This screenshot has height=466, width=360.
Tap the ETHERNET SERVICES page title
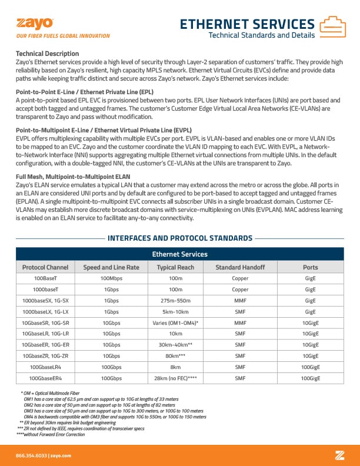(x=246, y=24)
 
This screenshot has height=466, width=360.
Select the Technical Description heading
(x=47, y=54)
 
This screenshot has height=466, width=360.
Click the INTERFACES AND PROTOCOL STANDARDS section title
(x=180, y=238)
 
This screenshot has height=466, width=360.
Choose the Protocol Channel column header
(x=45, y=267)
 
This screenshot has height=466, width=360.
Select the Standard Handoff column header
(x=240, y=267)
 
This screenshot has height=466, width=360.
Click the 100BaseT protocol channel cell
(x=45, y=278)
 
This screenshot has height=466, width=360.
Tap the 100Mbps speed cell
(x=112, y=278)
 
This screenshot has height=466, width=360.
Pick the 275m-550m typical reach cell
(x=175, y=300)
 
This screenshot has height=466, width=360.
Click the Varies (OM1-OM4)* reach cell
(x=175, y=323)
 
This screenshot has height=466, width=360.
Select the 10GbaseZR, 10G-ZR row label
(x=45, y=355)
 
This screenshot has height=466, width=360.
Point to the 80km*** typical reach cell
(x=175, y=355)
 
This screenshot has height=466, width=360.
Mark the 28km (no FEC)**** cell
(x=175, y=378)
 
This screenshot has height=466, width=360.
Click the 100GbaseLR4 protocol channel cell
(x=45, y=367)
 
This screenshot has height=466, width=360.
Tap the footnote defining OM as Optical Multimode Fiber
(x=50, y=392)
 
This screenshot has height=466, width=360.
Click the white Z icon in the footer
(x=339, y=455)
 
